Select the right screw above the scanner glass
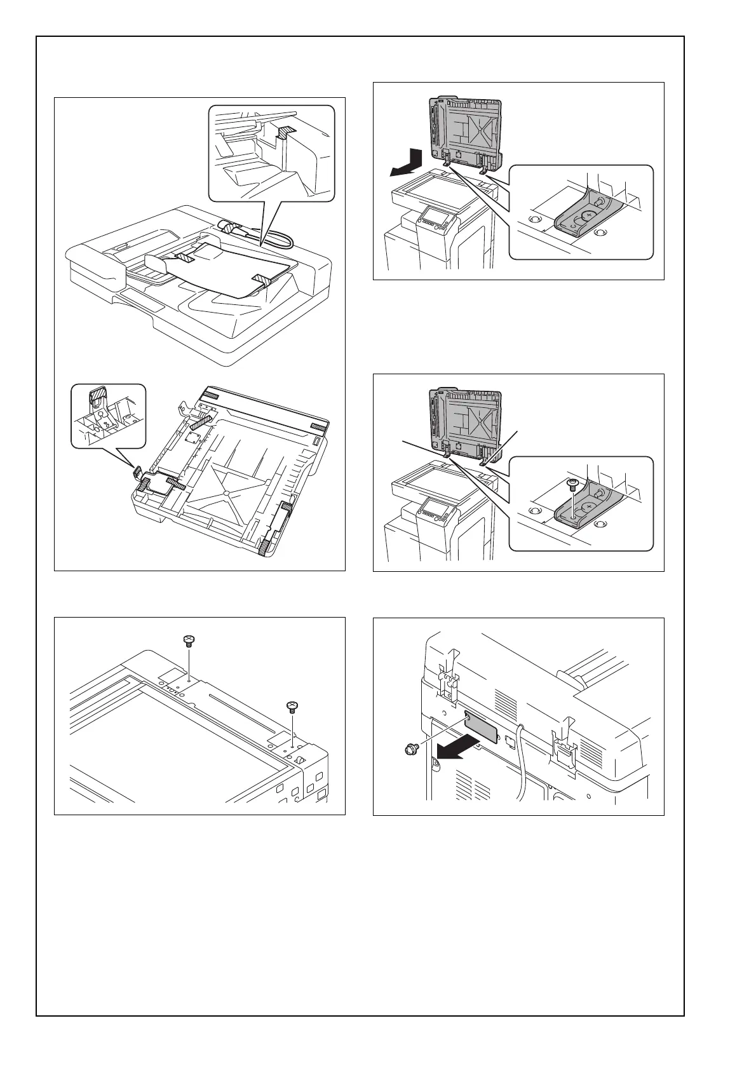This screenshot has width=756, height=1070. pyautogui.click(x=292, y=706)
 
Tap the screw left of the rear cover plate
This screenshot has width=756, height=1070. pyautogui.click(x=410, y=751)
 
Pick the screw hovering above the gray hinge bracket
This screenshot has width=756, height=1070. pyautogui.click(x=571, y=485)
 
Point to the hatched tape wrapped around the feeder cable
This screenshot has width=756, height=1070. pyautogui.click(x=231, y=227)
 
